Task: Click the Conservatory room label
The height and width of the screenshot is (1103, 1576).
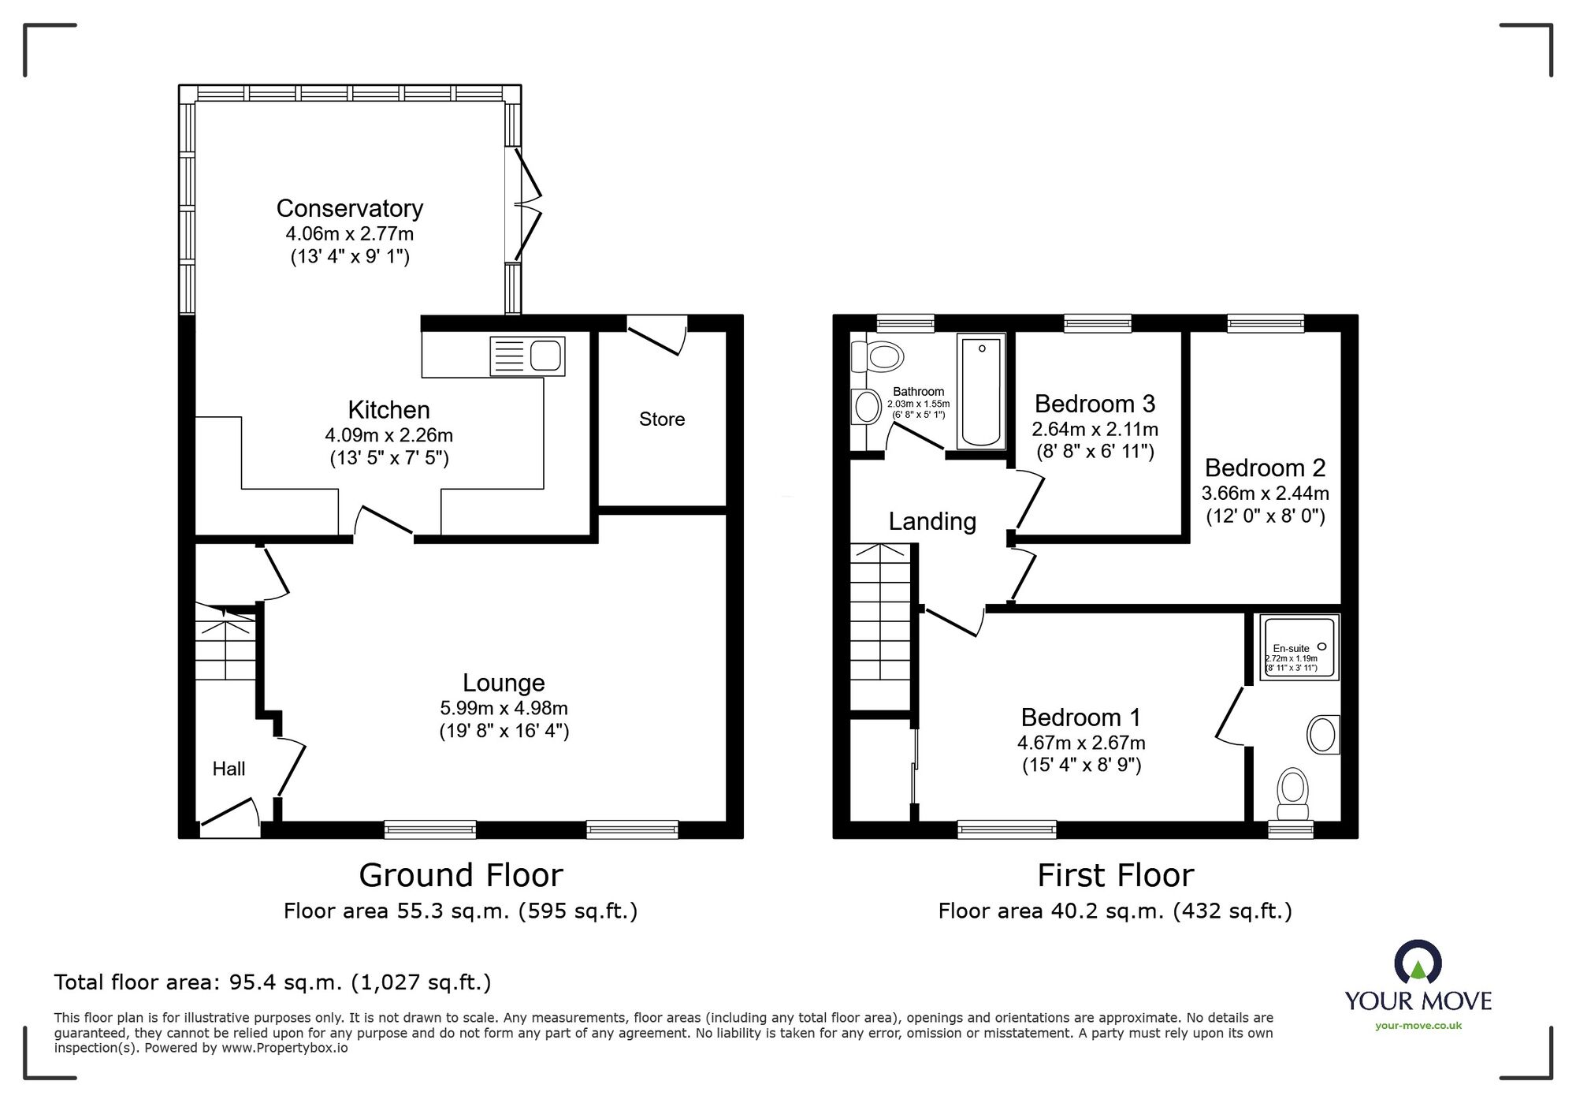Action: [x=350, y=208]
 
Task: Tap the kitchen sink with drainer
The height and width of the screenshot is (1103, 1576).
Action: [x=527, y=356]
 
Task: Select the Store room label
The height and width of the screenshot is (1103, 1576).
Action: [x=661, y=419]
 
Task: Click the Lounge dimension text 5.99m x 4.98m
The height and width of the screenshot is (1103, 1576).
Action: [x=504, y=708]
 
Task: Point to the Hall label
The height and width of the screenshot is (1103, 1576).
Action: [x=229, y=769]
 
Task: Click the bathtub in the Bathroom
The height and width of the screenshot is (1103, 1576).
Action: [x=981, y=390]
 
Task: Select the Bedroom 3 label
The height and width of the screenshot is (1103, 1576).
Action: [x=1095, y=404]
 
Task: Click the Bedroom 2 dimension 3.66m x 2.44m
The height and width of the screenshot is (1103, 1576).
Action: [x=1265, y=494]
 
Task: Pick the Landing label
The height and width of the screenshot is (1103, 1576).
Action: [x=932, y=521]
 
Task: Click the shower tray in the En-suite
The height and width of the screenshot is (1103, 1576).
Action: [x=1299, y=647]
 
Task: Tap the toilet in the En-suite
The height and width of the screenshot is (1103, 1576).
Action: [x=1292, y=794]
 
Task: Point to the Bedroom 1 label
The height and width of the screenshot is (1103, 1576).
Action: [x=1080, y=717]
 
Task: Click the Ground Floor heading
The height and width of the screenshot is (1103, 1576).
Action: [x=461, y=875]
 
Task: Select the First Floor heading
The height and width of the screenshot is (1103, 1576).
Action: [x=1115, y=875]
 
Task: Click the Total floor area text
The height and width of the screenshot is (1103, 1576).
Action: [x=273, y=982]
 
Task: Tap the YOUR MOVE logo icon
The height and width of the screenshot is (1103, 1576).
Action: [x=1418, y=963]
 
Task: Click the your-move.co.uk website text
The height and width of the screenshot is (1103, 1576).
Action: [x=1418, y=1026]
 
